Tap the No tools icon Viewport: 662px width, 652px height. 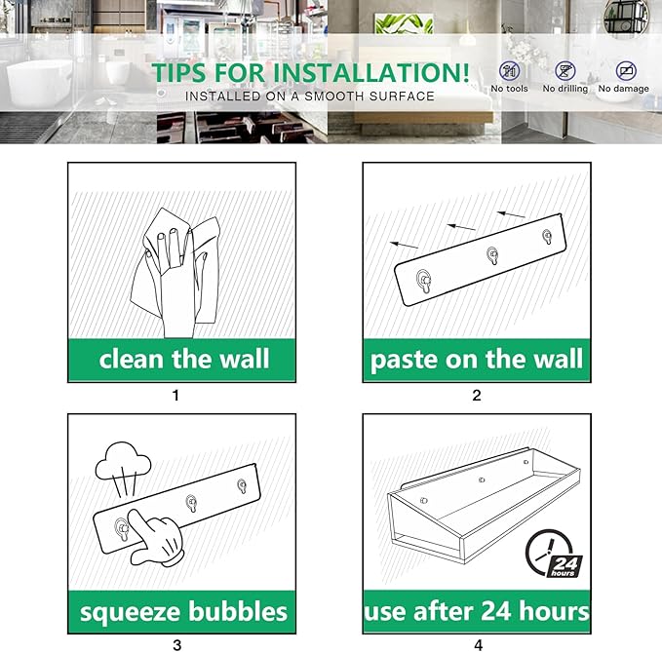point(510,70)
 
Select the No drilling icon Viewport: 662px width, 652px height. point(565,70)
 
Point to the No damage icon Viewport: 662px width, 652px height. point(626,70)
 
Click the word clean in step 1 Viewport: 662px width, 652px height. point(132,359)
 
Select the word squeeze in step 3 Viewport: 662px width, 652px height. point(131,613)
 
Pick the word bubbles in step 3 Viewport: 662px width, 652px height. point(238,611)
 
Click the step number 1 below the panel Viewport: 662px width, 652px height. point(176,396)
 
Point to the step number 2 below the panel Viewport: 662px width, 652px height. point(477,396)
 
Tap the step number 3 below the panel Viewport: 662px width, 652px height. point(177,645)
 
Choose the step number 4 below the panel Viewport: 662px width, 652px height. point(479,645)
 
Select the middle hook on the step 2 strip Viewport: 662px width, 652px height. point(492,255)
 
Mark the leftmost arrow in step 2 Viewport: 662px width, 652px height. point(404,245)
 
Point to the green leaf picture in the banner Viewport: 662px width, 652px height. point(404,23)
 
